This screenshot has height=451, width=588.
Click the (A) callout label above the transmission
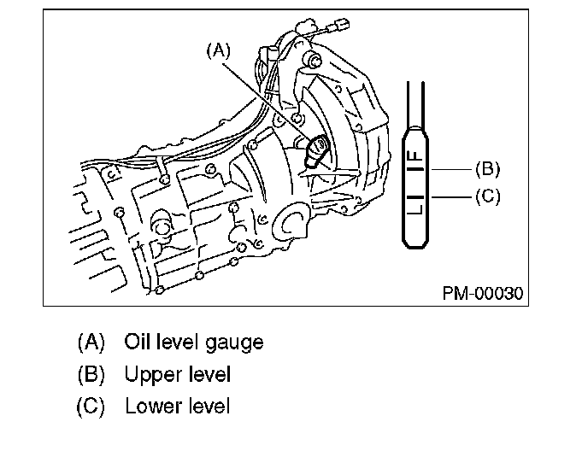(218, 51)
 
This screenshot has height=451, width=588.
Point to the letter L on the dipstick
(415, 205)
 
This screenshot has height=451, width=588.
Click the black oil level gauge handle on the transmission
(316, 150)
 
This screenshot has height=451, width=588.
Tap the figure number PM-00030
(483, 294)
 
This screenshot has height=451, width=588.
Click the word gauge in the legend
(234, 343)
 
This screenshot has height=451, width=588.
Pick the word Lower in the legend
(151, 405)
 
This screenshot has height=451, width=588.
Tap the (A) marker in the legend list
(91, 343)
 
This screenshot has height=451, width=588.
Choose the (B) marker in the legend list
(91, 374)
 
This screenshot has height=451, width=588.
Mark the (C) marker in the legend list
(91, 405)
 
